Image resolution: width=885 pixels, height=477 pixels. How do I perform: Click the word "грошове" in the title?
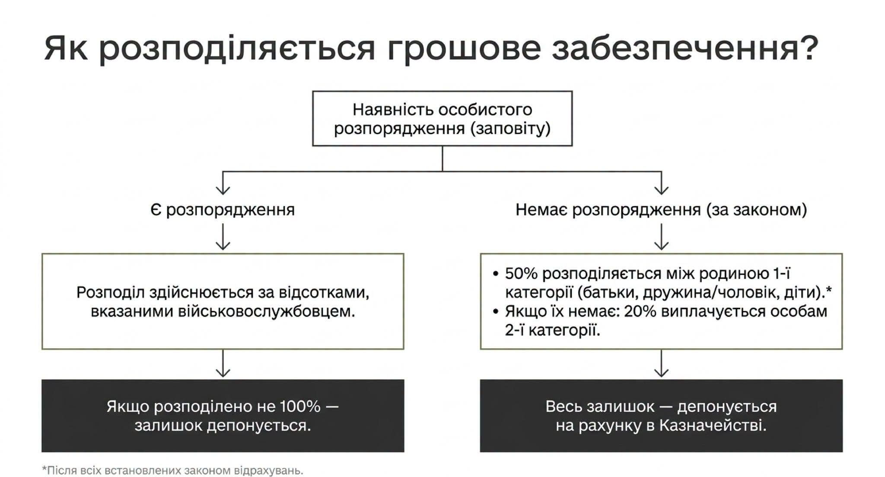pos(464,48)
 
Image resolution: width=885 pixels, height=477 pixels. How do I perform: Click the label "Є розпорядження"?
pos(223,210)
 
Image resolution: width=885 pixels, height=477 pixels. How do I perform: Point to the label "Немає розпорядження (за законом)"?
pos(661,210)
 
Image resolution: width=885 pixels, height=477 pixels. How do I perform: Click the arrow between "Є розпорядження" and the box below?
pos(223,237)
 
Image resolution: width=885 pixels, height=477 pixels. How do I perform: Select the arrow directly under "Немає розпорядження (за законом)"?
pos(662,237)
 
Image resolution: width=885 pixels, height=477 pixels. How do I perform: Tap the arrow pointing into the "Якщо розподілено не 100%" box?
pos(223,363)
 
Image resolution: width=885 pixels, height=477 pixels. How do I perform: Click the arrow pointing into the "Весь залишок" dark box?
pos(662,363)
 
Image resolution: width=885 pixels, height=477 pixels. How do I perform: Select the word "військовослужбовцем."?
pos(267,311)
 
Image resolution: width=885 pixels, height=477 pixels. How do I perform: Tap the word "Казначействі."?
pos(713,426)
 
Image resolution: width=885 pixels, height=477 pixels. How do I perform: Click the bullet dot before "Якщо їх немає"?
pos(496,311)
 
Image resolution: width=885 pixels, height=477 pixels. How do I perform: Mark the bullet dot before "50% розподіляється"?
pos(496,274)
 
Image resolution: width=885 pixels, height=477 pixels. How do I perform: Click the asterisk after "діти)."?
pos(828,289)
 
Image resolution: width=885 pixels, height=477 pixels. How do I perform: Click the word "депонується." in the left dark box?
pos(259,426)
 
